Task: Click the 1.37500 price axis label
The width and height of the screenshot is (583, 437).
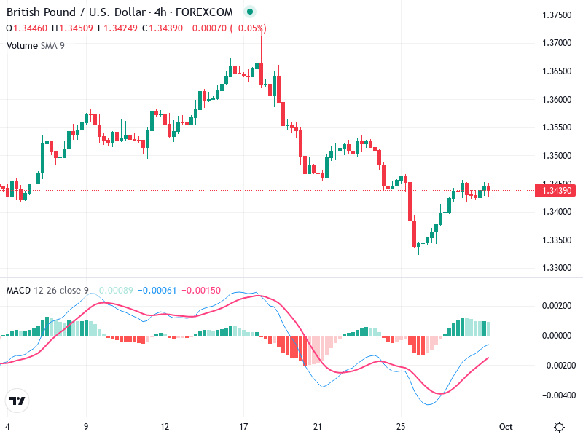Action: point(557,15)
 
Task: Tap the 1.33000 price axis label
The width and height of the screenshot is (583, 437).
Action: point(557,268)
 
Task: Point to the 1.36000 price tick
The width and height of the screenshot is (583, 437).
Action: point(557,99)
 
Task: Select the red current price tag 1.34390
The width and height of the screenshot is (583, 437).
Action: point(555,191)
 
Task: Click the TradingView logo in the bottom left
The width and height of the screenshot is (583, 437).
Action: point(17,401)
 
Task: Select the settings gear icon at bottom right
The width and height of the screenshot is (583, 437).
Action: point(559,427)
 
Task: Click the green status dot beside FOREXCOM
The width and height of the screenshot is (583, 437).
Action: point(250,12)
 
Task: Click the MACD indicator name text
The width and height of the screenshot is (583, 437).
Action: point(20,291)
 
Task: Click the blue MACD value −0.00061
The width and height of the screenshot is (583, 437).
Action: point(158,291)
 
